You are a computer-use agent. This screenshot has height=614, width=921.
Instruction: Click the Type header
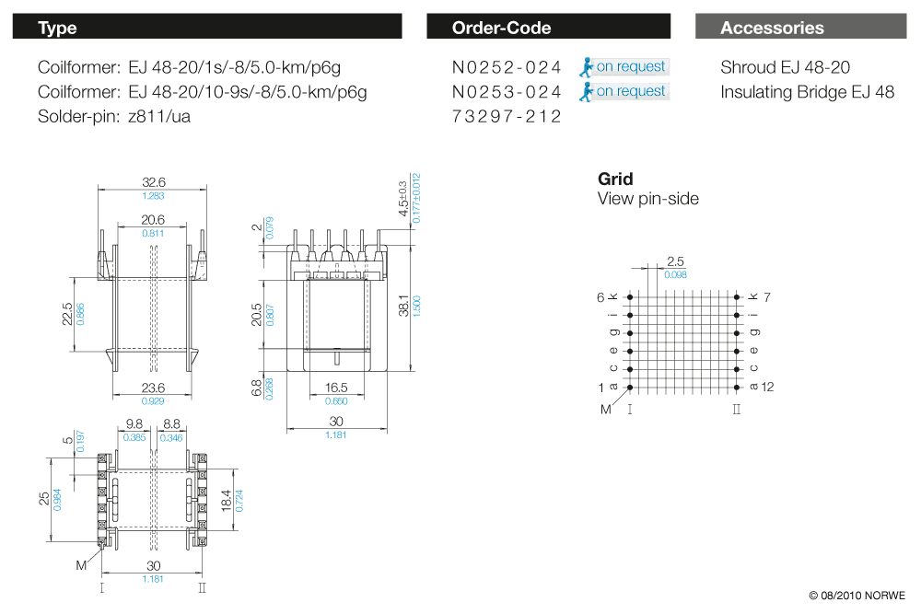(57, 28)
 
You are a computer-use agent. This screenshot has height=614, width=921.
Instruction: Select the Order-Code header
(501, 28)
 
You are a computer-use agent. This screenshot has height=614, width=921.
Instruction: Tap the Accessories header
(772, 28)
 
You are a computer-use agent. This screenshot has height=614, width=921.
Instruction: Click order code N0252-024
(507, 67)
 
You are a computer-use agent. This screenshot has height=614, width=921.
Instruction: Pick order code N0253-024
(507, 92)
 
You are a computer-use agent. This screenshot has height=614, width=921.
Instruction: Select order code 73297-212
(507, 117)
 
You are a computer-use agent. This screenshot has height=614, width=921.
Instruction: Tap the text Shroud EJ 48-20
(785, 67)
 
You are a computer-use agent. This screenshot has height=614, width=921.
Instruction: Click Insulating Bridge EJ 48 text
(807, 92)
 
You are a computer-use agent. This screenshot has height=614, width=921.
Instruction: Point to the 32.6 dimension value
(153, 182)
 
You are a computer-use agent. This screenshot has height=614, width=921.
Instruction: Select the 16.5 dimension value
(336, 389)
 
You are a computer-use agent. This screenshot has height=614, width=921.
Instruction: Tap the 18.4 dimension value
(227, 500)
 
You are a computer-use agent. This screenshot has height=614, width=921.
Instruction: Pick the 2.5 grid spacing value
(675, 262)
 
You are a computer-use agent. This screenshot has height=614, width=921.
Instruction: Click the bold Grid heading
(615, 179)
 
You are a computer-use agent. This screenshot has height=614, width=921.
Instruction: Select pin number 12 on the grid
(768, 387)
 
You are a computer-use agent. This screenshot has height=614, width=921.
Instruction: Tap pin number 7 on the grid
(766, 297)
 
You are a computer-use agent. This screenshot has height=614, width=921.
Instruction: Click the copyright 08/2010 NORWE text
(857, 595)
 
